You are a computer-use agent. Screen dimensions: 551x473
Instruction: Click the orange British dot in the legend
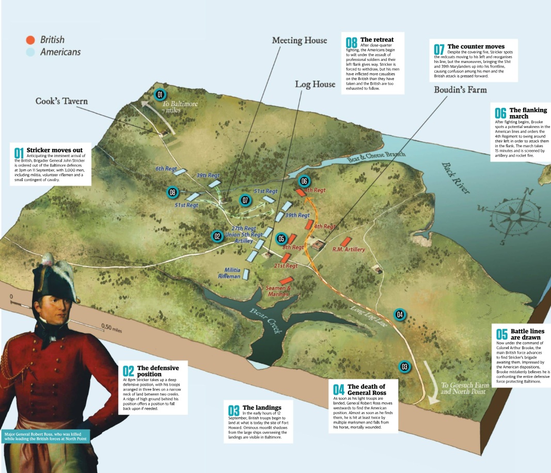pos(30,40)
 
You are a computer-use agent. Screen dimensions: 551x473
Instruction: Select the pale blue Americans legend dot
pos(30,52)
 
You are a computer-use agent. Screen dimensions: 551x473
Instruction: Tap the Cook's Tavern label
pos(61,101)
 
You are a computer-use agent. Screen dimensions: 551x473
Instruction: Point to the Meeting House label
pos(300,40)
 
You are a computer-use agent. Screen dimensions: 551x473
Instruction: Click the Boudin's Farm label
pos(460,90)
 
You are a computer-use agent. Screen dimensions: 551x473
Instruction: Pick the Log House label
pos(315,84)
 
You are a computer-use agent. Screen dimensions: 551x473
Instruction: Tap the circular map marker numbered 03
pos(404,367)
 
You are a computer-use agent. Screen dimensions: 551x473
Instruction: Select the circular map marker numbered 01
pos(160,94)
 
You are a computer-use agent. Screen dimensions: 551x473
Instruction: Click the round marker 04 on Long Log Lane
pos(400,314)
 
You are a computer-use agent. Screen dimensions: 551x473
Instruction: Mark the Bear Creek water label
pos(265,321)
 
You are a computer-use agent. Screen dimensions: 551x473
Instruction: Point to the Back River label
pos(455,178)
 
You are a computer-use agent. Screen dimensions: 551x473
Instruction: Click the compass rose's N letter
pos(528,192)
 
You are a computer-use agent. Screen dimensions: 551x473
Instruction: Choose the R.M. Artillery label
pos(349,249)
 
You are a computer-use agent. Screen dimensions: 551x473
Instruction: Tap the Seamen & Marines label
pos(278,291)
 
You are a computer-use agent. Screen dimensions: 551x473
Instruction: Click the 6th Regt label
pos(166,169)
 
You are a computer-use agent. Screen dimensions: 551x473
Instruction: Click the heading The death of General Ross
pos(367,389)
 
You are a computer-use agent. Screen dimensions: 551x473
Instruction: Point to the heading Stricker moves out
pos(55,150)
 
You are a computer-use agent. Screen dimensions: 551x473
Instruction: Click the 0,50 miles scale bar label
pos(112,328)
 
